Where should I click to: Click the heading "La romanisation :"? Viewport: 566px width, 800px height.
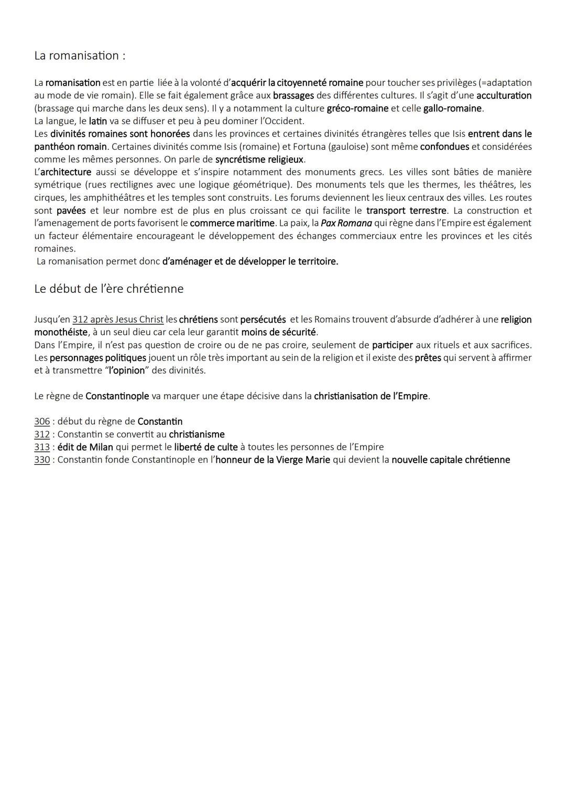(x=80, y=56)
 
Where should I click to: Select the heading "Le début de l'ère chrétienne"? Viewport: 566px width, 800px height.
(x=108, y=289)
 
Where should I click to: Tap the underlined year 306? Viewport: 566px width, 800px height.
(x=42, y=422)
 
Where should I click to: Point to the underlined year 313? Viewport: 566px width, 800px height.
(x=42, y=447)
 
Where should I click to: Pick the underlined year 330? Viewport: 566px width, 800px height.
(x=42, y=460)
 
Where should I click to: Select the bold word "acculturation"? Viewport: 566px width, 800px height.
(x=504, y=96)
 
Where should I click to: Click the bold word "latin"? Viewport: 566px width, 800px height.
(x=98, y=121)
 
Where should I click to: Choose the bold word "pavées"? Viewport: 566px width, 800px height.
(x=71, y=211)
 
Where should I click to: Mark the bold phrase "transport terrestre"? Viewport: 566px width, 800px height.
(x=407, y=211)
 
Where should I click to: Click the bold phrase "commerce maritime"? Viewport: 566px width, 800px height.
(x=232, y=223)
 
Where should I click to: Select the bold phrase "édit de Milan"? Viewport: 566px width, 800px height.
(x=85, y=447)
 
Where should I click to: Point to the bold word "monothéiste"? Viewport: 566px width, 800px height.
(x=61, y=332)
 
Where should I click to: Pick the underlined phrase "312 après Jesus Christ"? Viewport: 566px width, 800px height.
(x=118, y=320)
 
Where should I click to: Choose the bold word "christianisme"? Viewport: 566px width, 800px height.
(x=197, y=434)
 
